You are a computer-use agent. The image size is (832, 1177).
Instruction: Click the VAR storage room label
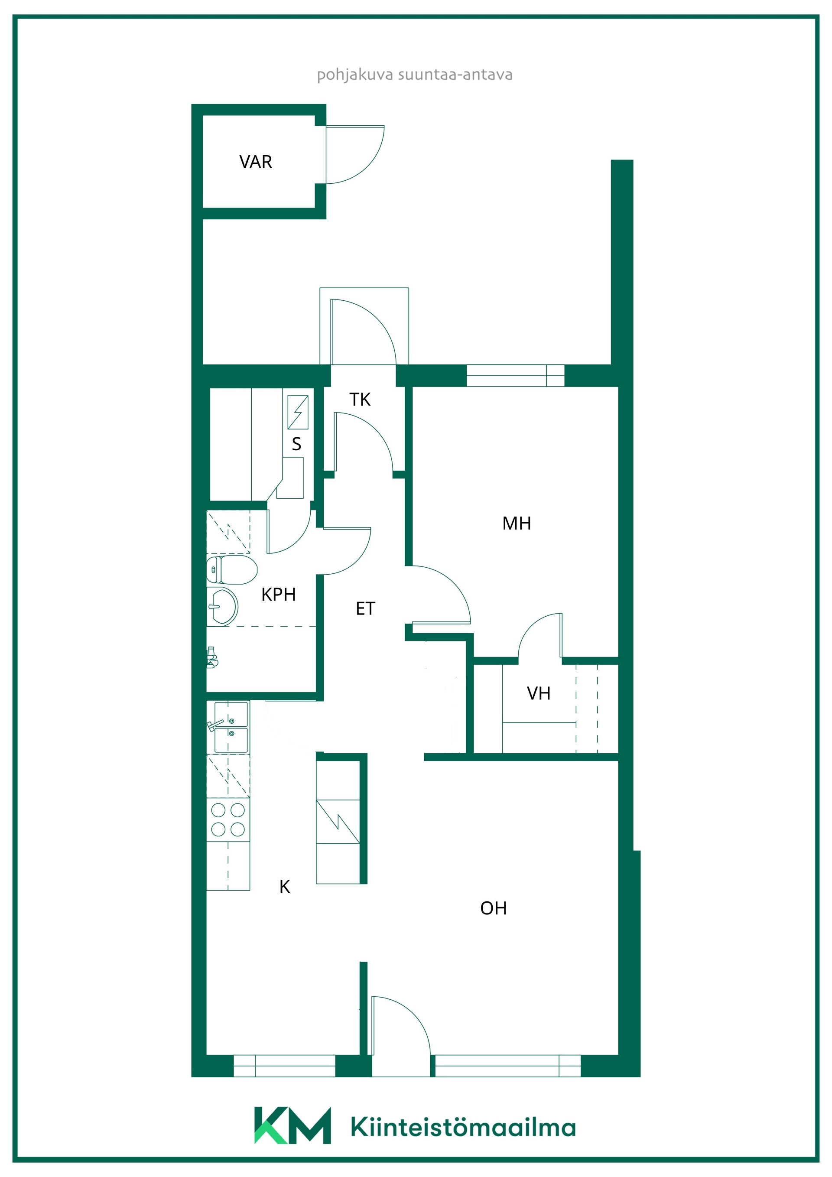[x=255, y=162]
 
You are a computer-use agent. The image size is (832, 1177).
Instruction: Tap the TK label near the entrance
[x=360, y=400]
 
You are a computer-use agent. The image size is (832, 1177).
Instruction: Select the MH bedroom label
[x=516, y=523]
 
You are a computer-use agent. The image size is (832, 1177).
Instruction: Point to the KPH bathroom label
[x=278, y=594]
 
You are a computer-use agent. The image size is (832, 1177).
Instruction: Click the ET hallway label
[x=365, y=608]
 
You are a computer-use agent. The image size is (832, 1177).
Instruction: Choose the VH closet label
[x=538, y=693]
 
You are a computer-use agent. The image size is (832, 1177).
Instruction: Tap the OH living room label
[x=493, y=908]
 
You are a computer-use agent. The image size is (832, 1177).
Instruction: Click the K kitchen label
[x=285, y=886]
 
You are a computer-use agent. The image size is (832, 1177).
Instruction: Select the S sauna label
[x=296, y=444]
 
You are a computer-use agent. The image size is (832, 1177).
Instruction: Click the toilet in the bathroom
[x=232, y=570]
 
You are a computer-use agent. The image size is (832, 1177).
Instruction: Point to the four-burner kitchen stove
[x=228, y=820]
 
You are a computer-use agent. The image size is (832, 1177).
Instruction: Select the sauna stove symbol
[x=298, y=412]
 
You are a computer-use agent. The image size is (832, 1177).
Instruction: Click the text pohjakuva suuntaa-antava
[x=415, y=75]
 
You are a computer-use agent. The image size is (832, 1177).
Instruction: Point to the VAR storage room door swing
[x=355, y=154]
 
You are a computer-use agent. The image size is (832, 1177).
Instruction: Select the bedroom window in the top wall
[x=515, y=375]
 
